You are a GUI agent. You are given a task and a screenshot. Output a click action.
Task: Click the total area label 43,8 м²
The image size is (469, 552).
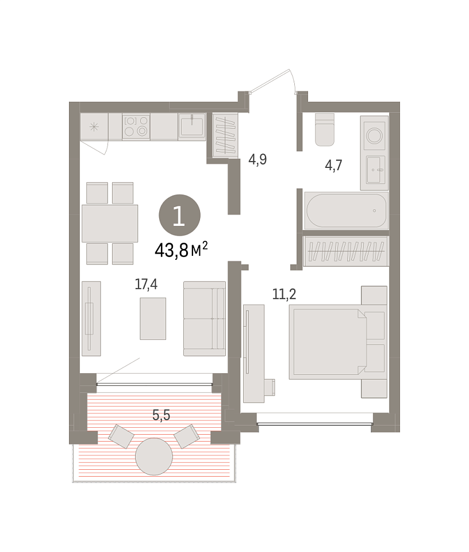point(181,250)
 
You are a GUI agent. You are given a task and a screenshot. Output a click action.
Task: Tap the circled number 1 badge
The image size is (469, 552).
point(179,215)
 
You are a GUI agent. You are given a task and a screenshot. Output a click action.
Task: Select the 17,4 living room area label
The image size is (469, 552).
point(146,283)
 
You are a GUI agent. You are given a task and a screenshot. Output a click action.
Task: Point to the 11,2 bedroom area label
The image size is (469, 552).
point(285,294)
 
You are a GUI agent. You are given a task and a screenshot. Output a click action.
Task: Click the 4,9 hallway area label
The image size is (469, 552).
point(257,159)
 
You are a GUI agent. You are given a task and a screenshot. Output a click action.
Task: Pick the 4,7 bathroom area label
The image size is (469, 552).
point(333,165)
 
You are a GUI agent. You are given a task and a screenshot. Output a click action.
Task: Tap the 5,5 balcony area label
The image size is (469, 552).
point(161,415)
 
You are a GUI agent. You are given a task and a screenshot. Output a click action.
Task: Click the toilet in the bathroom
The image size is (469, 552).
point(324,129)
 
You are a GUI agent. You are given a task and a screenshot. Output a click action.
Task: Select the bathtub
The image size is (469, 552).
point(346,210)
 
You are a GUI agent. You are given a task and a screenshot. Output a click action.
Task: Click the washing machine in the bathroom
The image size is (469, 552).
point(374,136)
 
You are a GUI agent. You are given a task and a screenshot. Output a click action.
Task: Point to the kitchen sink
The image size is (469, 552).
point(192,126)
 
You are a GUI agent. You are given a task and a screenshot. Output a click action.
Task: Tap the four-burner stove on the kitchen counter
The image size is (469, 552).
point(136,126)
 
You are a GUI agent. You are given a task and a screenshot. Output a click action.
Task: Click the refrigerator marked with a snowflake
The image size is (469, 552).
point(94,126)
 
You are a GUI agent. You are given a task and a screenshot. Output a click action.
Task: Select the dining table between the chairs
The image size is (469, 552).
point(110,224)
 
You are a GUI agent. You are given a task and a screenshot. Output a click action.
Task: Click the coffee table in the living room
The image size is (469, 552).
point(153,319)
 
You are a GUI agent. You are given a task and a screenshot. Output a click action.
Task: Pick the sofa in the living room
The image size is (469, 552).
point(205,319)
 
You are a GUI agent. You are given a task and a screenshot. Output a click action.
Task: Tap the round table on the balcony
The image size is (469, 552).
point(154,456)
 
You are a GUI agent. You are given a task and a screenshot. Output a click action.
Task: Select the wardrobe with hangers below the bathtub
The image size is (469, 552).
point(346,251)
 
